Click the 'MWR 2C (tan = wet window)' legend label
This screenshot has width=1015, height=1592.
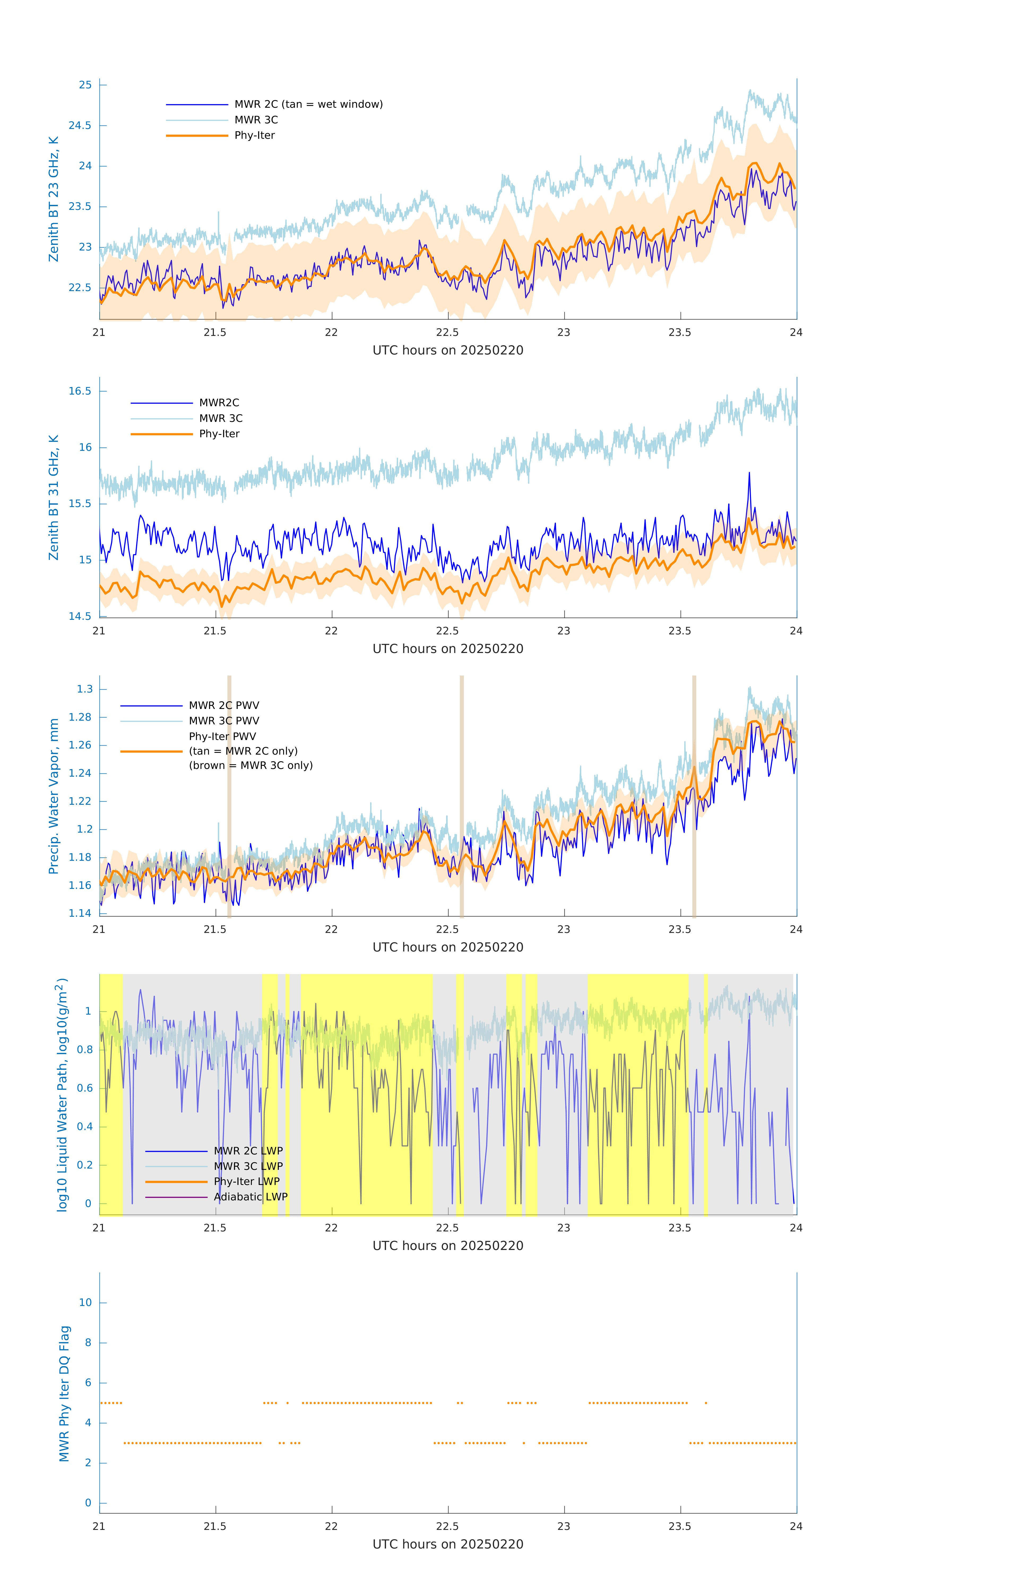click(308, 105)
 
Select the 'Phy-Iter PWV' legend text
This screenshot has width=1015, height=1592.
click(222, 737)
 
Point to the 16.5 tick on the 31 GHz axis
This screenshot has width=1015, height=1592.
click(80, 391)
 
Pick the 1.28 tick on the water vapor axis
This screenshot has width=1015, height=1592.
click(80, 717)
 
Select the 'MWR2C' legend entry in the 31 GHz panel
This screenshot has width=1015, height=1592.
click(219, 403)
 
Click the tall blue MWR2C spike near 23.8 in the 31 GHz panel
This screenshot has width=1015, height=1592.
click(749, 475)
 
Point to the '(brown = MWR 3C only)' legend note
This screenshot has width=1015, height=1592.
click(250, 765)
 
